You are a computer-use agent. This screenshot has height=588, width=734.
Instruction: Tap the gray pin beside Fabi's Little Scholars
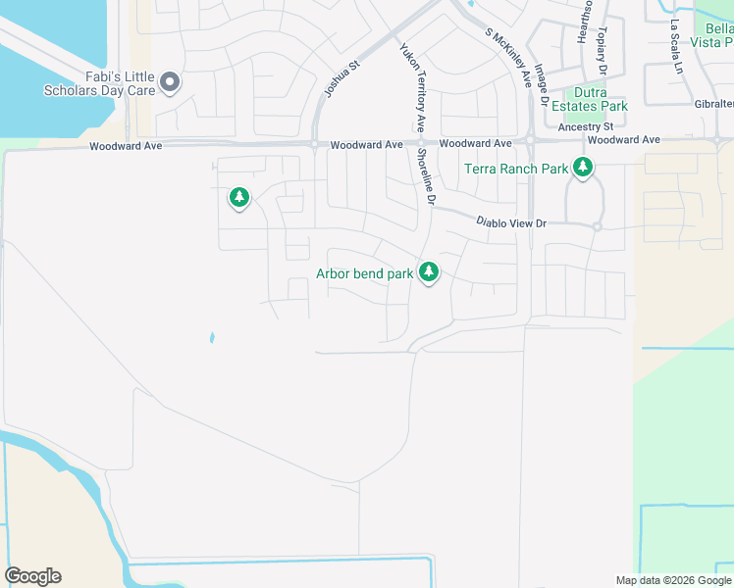tap(170, 82)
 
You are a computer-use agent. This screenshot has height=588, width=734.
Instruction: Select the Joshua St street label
tap(338, 82)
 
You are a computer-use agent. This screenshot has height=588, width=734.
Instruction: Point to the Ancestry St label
tap(585, 127)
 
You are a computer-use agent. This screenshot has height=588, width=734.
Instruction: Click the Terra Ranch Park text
tap(516, 169)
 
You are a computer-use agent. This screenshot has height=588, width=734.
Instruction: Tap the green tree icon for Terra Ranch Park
tap(584, 168)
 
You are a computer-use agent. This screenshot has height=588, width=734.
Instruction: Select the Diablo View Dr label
tap(510, 223)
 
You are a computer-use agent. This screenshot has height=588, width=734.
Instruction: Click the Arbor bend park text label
tap(364, 273)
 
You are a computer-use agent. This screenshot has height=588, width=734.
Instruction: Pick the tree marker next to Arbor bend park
tap(428, 272)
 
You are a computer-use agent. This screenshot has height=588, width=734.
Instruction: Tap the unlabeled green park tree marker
tap(238, 199)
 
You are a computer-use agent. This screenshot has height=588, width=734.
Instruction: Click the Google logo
tap(33, 576)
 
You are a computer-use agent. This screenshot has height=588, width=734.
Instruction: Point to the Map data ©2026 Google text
tap(673, 580)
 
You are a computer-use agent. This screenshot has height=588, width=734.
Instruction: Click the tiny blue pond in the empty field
tap(211, 338)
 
